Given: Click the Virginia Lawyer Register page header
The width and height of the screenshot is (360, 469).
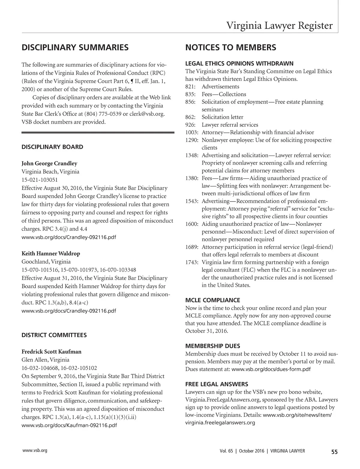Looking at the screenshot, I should [279, 25].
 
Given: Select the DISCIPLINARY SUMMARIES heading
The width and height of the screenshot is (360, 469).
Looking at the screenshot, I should [75, 47].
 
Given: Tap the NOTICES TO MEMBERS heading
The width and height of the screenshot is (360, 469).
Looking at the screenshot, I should [231, 47].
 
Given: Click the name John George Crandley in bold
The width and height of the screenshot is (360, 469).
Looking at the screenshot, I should [49, 163].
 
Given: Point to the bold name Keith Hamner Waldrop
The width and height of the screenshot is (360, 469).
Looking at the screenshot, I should [51, 253].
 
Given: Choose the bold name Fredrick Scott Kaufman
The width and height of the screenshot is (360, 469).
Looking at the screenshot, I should [51, 351].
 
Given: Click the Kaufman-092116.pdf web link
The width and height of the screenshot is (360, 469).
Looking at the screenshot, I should [69, 425].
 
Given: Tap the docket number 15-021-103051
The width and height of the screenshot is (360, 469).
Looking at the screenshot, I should [40, 180].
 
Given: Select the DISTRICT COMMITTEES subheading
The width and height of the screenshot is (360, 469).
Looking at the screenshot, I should [54, 335].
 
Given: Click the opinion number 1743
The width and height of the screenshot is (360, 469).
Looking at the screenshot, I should [191, 262].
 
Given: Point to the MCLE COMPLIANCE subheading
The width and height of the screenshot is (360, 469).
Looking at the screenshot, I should [212, 300].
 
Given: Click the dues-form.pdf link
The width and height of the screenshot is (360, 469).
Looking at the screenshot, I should [271, 369].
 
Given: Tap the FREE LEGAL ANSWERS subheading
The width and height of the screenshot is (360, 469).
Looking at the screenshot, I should [217, 384].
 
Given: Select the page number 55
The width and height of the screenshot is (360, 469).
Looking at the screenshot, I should [334, 452].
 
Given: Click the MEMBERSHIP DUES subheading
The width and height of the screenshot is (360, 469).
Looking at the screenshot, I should [213, 346].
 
